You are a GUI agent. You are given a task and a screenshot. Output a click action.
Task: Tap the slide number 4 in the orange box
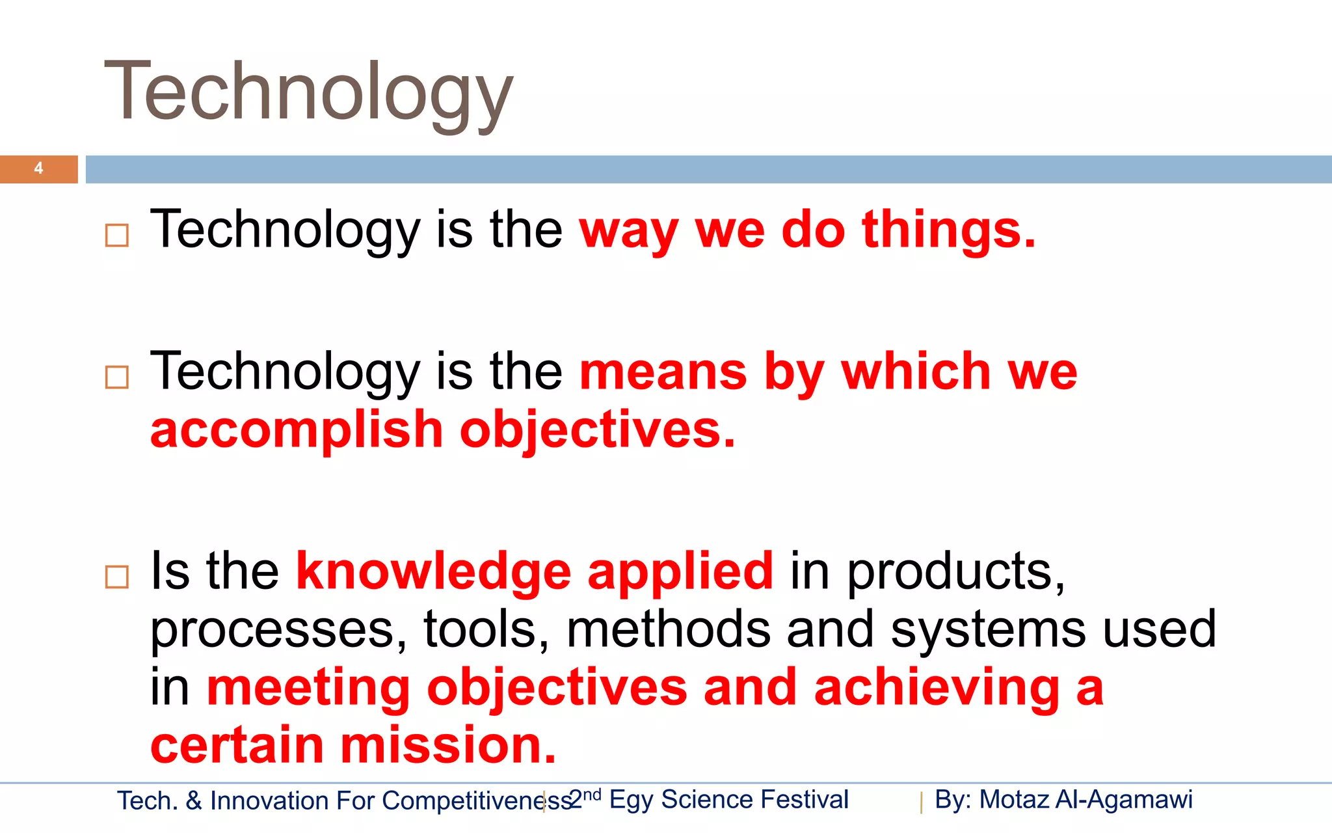(38, 169)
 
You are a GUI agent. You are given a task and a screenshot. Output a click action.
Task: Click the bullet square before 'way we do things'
(117, 235)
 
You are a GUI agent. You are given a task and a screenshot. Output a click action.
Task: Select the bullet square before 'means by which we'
(117, 377)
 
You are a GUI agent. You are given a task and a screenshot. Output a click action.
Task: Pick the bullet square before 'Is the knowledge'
(117, 577)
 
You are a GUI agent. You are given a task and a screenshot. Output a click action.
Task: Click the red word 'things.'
(948, 230)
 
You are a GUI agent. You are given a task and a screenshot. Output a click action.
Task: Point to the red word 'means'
(663, 372)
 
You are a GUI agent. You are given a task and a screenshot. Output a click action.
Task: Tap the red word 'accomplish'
(297, 430)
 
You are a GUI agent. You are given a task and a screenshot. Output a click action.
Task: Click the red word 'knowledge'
(433, 571)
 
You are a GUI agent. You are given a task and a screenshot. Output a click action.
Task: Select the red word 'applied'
(680, 571)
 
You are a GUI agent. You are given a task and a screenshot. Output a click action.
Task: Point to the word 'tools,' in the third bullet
(486, 630)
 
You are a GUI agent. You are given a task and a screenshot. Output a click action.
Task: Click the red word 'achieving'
(937, 688)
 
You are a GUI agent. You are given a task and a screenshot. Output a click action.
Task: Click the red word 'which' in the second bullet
(916, 372)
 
